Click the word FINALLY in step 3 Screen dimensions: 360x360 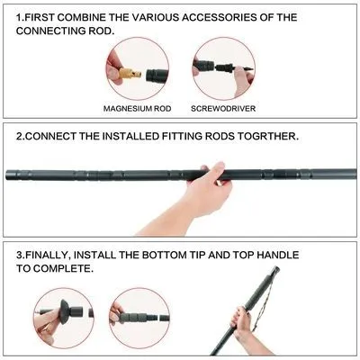click(x=58, y=256)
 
